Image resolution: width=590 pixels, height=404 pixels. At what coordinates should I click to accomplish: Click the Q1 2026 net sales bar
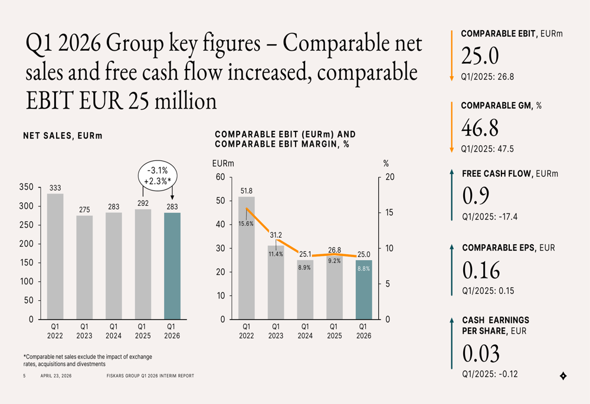coord(172,265)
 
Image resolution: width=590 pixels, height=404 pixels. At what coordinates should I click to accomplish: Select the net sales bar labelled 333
coord(55,257)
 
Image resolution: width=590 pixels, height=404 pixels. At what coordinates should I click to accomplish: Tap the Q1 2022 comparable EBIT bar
coord(246,258)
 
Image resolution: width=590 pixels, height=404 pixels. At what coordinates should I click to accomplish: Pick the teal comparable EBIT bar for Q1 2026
coord(363,290)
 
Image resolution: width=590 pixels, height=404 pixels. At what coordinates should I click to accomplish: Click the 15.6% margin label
coord(246,224)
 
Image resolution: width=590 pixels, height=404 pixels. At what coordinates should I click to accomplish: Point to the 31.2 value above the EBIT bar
coord(276,235)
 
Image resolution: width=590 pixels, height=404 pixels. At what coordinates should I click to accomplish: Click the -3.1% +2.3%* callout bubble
coord(157,175)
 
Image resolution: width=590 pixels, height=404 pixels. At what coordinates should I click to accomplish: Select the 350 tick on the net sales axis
coord(26,188)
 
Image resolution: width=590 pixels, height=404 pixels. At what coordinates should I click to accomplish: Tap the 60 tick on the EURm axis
coord(220,178)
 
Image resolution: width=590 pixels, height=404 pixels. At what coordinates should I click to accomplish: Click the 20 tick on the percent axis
coord(389,178)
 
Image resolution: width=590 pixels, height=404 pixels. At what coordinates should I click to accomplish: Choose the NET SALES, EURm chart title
coord(63,136)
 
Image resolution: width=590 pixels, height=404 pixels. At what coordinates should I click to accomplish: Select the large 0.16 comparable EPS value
coord(481,270)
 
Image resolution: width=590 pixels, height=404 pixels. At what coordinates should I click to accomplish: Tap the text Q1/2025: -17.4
coord(490,217)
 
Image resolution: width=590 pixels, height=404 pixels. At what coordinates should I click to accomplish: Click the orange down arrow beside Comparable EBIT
coord(451,55)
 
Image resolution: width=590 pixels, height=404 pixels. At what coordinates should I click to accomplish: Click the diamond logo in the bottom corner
coord(563,376)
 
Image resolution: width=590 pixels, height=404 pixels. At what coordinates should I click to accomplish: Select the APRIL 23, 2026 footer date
coord(56,376)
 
